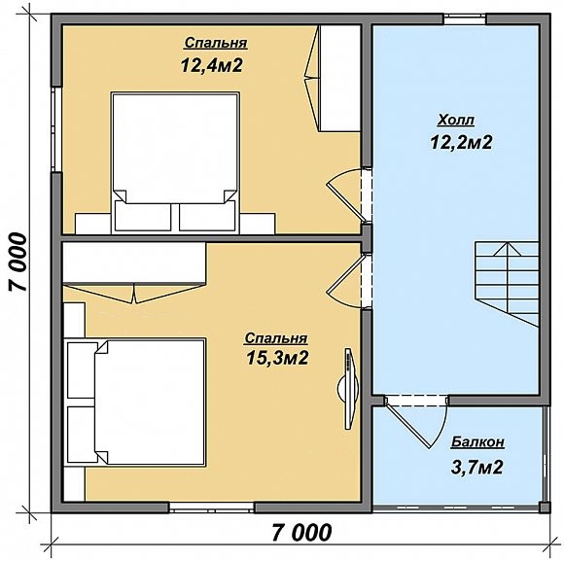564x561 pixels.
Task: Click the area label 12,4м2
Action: point(212,65)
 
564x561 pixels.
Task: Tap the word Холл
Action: point(456,121)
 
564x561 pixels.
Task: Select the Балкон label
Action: point(477,442)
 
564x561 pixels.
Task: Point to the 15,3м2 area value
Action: point(277,358)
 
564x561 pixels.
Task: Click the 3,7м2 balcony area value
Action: point(476,468)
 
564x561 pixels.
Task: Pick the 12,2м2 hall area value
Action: point(461,142)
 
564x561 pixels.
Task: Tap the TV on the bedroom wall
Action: point(348,388)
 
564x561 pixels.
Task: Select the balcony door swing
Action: point(416,422)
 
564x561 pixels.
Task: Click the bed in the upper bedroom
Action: point(175,162)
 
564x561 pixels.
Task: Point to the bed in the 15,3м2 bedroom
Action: point(135,402)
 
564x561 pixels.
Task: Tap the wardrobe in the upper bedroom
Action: point(334,78)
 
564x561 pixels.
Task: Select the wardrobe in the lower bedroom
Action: point(134,272)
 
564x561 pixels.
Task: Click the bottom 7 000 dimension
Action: point(301,533)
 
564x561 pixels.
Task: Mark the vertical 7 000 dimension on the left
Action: point(18,262)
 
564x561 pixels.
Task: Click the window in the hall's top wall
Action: point(465,19)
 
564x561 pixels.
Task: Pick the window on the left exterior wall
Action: point(56,129)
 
